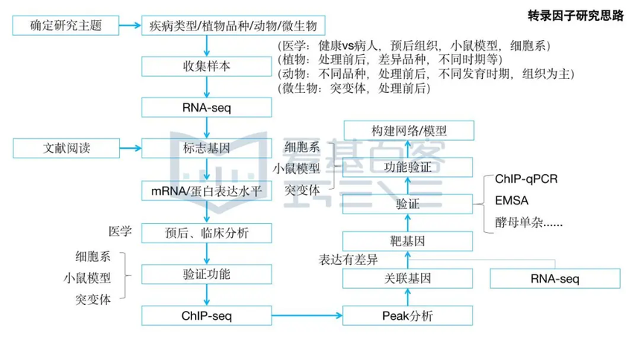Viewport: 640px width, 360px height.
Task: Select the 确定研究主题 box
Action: (65, 27)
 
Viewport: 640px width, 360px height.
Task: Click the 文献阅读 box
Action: (65, 147)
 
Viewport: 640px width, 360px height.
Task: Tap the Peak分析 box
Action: (407, 316)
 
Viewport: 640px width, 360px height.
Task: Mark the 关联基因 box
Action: (407, 279)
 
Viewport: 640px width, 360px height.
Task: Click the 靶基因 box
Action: (407, 240)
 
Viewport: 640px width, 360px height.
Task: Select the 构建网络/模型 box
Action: (409, 130)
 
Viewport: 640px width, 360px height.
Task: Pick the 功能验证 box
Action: (407, 167)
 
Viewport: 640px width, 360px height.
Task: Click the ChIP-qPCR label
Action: (527, 179)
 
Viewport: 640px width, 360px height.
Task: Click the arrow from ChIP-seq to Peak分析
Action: (305, 316)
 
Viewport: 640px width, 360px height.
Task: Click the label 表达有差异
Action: (349, 259)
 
